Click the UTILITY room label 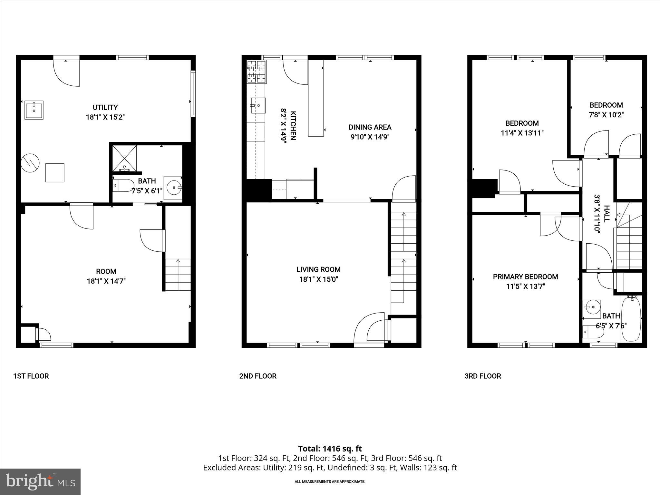pyautogui.click(x=105, y=107)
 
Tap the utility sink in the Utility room pyautogui.click(x=34, y=110)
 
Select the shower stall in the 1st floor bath pyautogui.click(x=124, y=158)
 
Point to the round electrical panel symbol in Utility pyautogui.click(x=30, y=164)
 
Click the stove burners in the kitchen pyautogui.click(x=257, y=72)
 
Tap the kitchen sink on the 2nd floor pyautogui.click(x=258, y=105)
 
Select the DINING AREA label pyautogui.click(x=370, y=127)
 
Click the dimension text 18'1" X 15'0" pyautogui.click(x=318, y=279)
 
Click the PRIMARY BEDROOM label pyautogui.click(x=525, y=277)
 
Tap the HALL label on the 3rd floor pyautogui.click(x=606, y=214)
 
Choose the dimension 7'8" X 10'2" pyautogui.click(x=606, y=115)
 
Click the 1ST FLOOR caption pyautogui.click(x=31, y=376)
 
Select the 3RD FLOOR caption pyautogui.click(x=482, y=376)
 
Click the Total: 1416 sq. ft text pyautogui.click(x=330, y=449)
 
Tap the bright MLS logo pyautogui.click(x=40, y=481)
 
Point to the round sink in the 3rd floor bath pyautogui.click(x=591, y=306)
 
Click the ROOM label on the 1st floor pyautogui.click(x=106, y=271)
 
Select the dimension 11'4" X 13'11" pyautogui.click(x=522, y=133)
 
